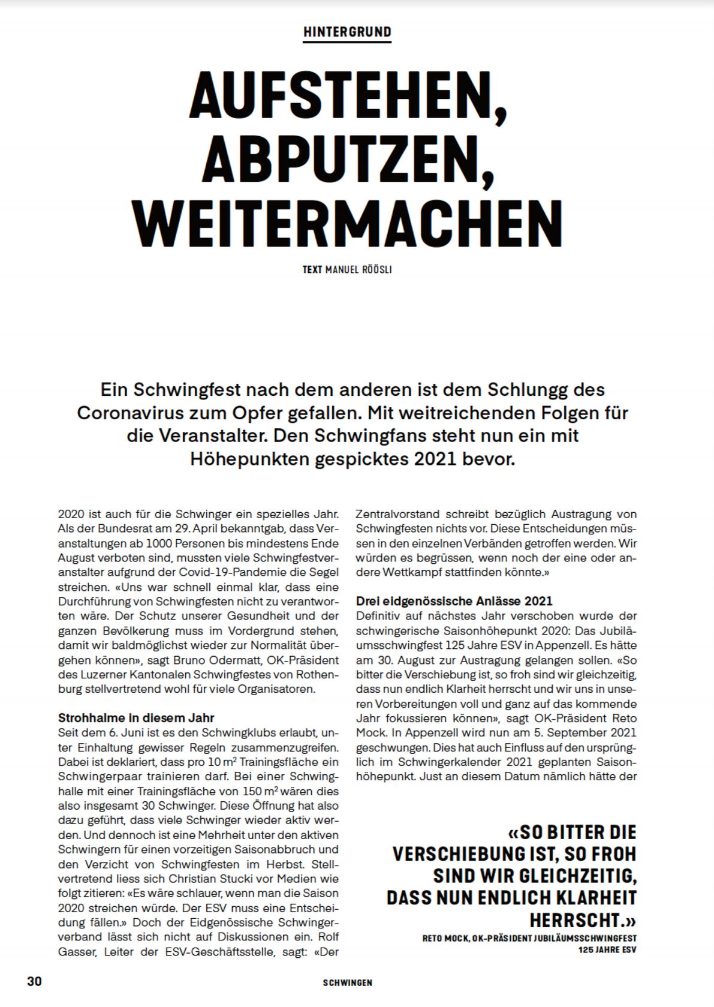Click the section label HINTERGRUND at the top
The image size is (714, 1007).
click(x=347, y=32)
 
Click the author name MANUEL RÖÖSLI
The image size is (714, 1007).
click(x=358, y=270)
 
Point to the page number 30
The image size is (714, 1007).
click(x=35, y=982)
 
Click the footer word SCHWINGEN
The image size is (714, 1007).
click(x=347, y=983)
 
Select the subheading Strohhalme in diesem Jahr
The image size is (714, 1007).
click(x=136, y=718)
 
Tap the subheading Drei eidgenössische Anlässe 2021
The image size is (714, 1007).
click(x=454, y=601)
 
